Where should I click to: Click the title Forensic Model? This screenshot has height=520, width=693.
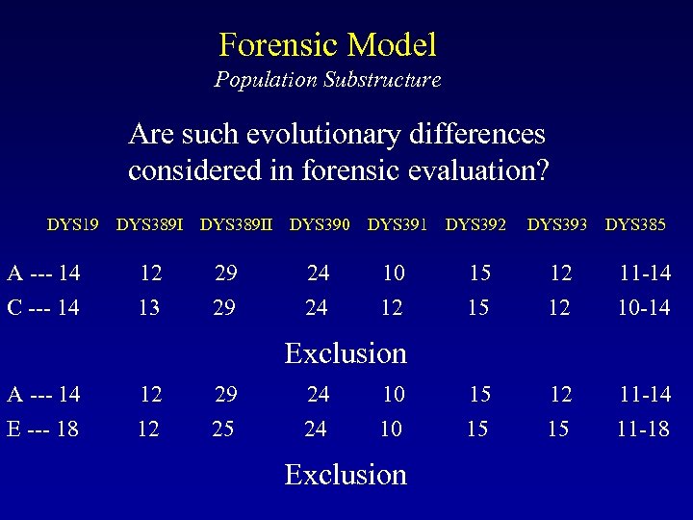(x=327, y=44)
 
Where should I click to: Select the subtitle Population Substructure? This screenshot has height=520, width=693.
(x=327, y=80)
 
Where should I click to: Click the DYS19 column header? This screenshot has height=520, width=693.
(x=72, y=225)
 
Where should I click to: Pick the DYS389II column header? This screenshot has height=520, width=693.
(x=237, y=225)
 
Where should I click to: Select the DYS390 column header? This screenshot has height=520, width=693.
(x=320, y=225)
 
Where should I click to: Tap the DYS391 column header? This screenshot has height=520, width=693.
(x=398, y=225)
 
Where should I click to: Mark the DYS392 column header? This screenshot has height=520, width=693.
(x=475, y=225)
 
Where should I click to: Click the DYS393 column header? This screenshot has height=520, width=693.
(x=557, y=225)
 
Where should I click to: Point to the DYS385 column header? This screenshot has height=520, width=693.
(x=635, y=225)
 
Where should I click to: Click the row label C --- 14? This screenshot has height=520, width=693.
(x=43, y=307)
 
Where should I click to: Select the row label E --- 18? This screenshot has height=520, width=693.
(x=43, y=428)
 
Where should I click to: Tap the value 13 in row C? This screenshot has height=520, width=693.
(x=149, y=307)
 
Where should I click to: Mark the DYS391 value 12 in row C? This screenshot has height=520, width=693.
(x=393, y=307)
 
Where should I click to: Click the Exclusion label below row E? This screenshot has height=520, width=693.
(x=346, y=474)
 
